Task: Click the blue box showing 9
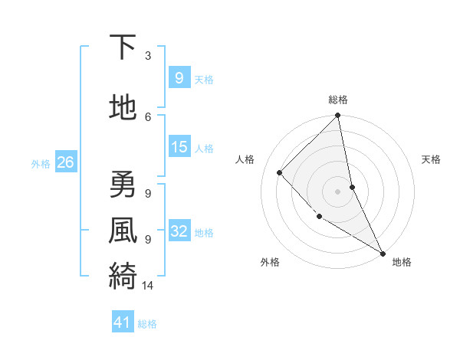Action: point(179,77)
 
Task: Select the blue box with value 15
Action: point(179,147)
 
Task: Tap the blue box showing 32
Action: point(179,231)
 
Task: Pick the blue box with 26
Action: point(65,162)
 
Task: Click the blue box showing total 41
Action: point(123,322)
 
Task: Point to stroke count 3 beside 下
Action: point(148,56)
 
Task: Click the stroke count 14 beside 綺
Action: point(148,286)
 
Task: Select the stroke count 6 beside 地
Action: point(148,116)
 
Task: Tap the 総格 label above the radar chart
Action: point(338,100)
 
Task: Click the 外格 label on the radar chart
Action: point(269,263)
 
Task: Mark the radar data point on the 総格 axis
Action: point(338,116)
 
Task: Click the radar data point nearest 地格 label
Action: point(382,253)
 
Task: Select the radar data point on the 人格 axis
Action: point(280,172)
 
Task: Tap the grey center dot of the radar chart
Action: point(338,191)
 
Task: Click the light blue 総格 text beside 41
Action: point(147,324)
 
